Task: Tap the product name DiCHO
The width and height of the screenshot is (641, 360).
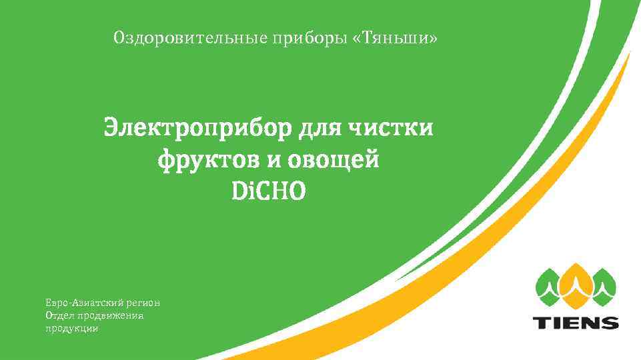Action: pyautogui.click(x=268, y=192)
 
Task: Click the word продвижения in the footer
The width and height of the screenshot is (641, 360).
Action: pyautogui.click(x=110, y=315)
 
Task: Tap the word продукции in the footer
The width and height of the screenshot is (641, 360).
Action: pyautogui.click(x=72, y=328)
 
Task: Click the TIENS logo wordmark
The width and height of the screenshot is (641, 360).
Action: pyautogui.click(x=575, y=323)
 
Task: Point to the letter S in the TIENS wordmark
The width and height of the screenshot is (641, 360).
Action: pyautogui.click(x=609, y=323)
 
